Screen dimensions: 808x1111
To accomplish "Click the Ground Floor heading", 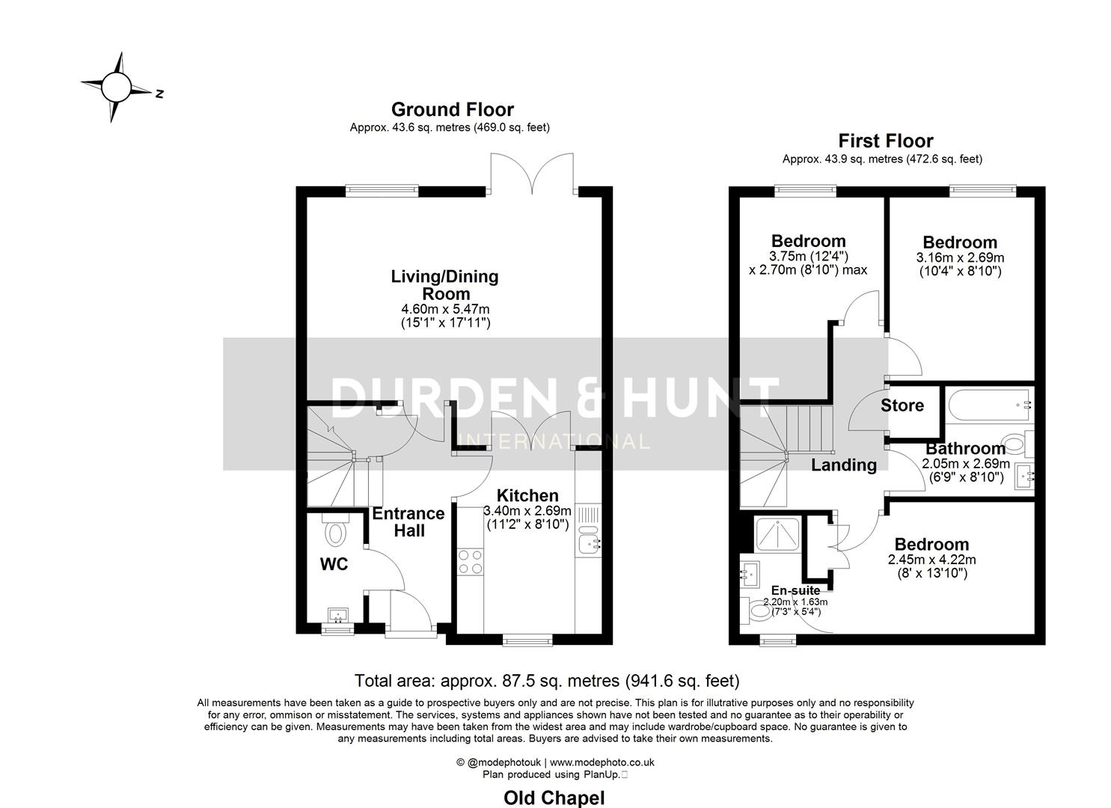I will (x=452, y=110).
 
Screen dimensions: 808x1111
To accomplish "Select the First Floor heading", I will (x=885, y=141).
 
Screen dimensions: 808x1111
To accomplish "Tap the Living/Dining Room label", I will (x=444, y=285).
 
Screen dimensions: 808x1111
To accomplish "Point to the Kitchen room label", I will (x=527, y=495).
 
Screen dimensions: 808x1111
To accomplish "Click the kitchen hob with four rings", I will (x=471, y=562).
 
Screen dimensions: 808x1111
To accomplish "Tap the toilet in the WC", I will (x=336, y=532).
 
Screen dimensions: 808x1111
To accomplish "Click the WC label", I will (x=334, y=565).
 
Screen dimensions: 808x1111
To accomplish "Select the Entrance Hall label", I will (x=408, y=522).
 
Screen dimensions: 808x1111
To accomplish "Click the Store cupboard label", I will (x=902, y=405).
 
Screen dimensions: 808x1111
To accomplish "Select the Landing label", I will (x=844, y=465).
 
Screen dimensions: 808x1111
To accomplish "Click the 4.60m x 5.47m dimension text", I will (x=446, y=309).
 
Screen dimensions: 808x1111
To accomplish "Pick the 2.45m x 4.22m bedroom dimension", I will (x=931, y=560).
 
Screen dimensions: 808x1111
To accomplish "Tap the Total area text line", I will (x=546, y=681).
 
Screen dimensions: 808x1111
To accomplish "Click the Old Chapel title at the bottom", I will (x=554, y=798).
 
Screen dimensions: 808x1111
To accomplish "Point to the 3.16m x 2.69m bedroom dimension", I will (x=960, y=257).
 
